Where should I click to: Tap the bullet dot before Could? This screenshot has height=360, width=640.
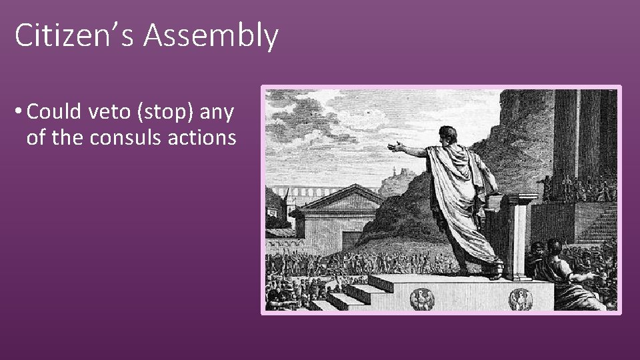(x=19, y=113)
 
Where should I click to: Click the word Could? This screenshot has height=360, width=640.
(x=55, y=112)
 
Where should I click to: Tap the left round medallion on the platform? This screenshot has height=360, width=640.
(x=421, y=297)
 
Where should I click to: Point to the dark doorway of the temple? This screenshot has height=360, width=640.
(x=352, y=240)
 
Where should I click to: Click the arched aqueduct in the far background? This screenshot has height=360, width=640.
(x=300, y=193)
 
